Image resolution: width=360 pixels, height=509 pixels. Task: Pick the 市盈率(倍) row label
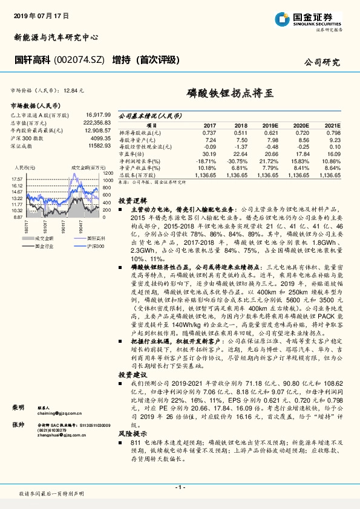[x=132, y=154]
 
